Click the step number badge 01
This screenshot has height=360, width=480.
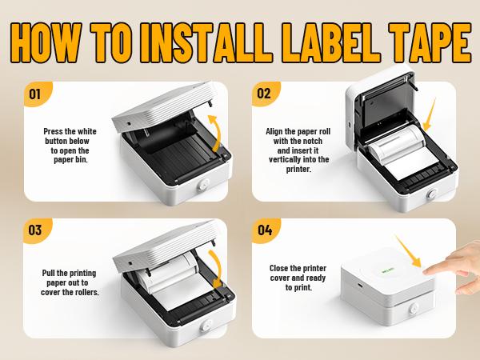[35, 94]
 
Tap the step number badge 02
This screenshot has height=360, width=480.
[264, 94]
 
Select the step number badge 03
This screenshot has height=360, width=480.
[35, 230]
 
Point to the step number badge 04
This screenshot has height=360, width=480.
[264, 230]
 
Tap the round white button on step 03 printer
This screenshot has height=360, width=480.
[200, 326]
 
